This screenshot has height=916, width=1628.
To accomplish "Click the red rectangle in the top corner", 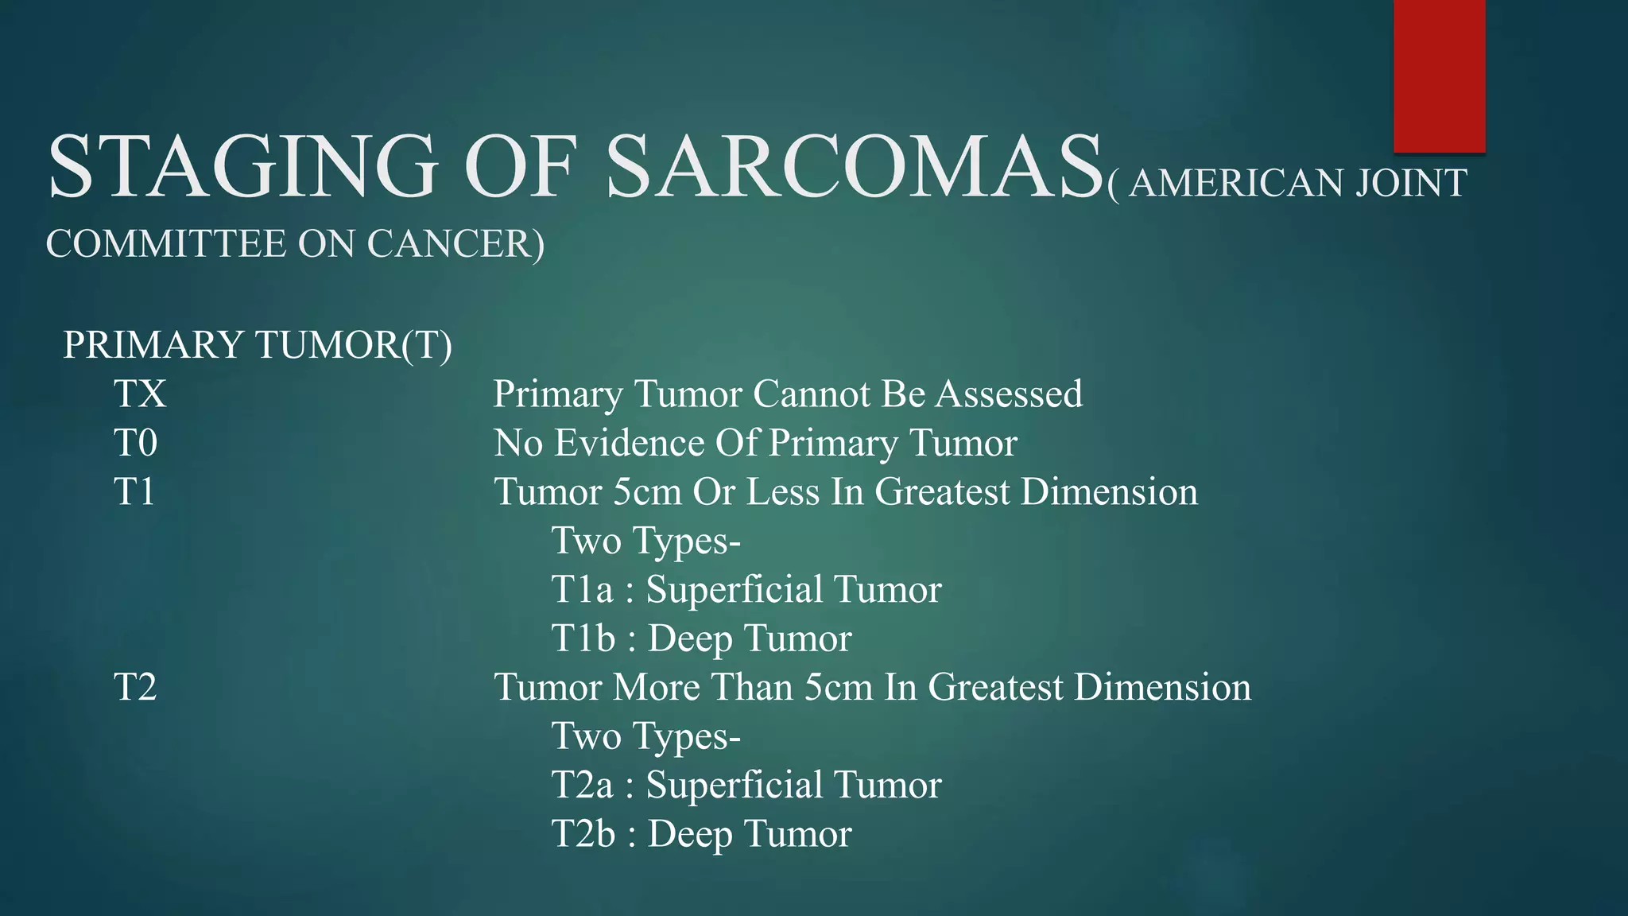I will (1439, 76).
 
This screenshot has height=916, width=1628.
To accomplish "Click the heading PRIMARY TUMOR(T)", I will (258, 345).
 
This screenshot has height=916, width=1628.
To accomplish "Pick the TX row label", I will (140, 394).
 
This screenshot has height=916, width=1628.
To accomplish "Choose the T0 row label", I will (136, 443).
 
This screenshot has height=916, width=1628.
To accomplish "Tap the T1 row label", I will (134, 491).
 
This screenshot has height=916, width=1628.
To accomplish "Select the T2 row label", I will (135, 687).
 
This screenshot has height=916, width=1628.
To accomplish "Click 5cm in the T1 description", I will (647, 492).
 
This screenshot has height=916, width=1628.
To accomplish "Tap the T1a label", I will (583, 590).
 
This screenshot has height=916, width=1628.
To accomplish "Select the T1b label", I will (583, 638).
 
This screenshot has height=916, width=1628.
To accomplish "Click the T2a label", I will (583, 786).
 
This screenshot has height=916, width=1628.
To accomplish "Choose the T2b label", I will (583, 834).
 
